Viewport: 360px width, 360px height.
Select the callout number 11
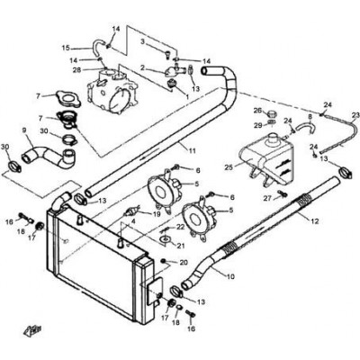[x=192, y=150]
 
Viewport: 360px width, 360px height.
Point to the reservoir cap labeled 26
[x=273, y=113]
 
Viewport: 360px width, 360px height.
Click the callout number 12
[x=315, y=221]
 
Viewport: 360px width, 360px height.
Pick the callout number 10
[x=230, y=276]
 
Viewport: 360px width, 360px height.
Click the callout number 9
[x=24, y=130]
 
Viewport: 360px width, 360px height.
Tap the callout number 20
[x=184, y=263]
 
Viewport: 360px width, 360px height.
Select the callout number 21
[x=181, y=246]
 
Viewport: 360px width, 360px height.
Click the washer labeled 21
[x=164, y=239]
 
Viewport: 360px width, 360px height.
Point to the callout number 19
[x=157, y=213]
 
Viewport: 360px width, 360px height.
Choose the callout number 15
[x=66, y=48]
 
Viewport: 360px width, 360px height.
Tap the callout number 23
[x=355, y=115]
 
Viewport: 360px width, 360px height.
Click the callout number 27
[x=268, y=198]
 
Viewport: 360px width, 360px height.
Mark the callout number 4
[x=133, y=222]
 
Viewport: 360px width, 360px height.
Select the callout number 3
[x=143, y=41]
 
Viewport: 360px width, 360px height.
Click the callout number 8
[x=310, y=115]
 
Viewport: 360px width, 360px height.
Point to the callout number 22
[x=181, y=227]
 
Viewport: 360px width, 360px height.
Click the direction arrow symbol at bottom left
[x=31, y=330]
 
